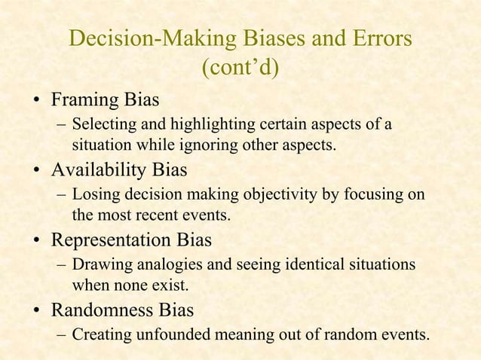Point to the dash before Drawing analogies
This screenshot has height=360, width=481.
coord(60,267)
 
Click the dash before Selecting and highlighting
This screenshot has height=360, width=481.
coord(60,124)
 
